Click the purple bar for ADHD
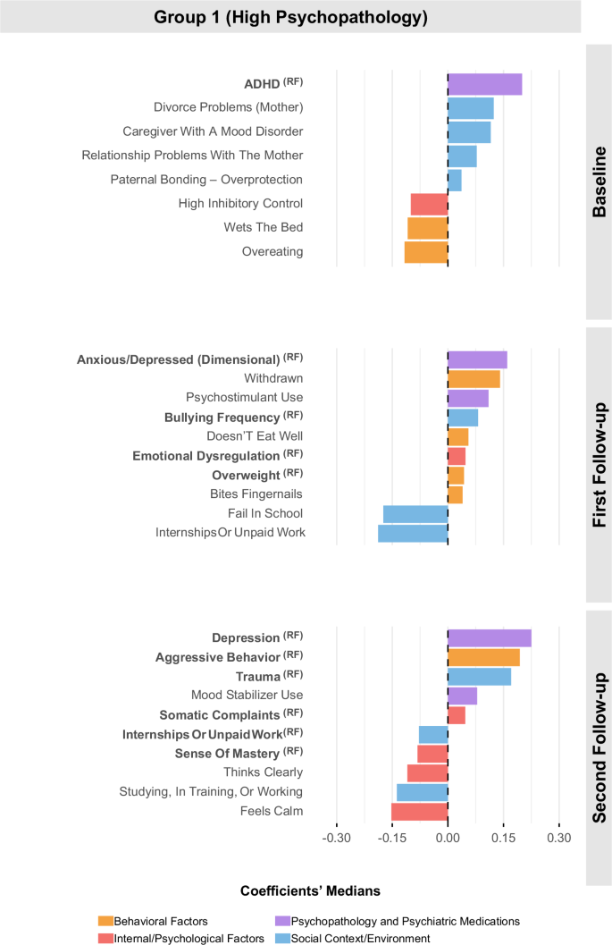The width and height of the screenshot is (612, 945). tap(484, 84)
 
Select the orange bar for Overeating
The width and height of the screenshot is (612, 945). tap(426, 252)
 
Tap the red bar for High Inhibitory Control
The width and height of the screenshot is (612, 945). tap(429, 204)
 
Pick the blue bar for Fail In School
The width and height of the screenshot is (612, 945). tap(415, 513)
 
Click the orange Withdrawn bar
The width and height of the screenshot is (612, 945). tap(474, 378)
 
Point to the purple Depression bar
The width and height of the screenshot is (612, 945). tap(490, 637)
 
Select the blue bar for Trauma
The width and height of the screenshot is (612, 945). tap(479, 676)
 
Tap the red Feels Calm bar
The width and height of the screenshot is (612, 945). tap(419, 811)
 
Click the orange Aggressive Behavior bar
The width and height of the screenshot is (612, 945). tap(483, 657)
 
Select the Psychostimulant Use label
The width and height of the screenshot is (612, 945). tap(244, 397)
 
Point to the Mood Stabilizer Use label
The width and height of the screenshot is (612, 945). tap(247, 695)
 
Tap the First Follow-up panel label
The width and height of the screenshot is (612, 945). tap(599, 464)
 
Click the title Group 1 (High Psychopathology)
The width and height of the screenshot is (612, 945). tap(290, 17)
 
